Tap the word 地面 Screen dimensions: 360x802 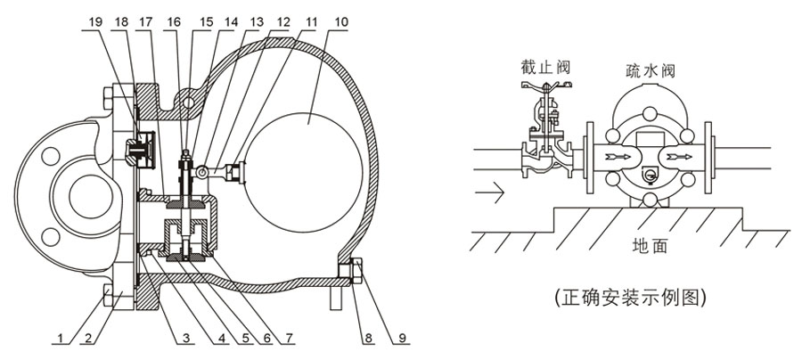[650, 244]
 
